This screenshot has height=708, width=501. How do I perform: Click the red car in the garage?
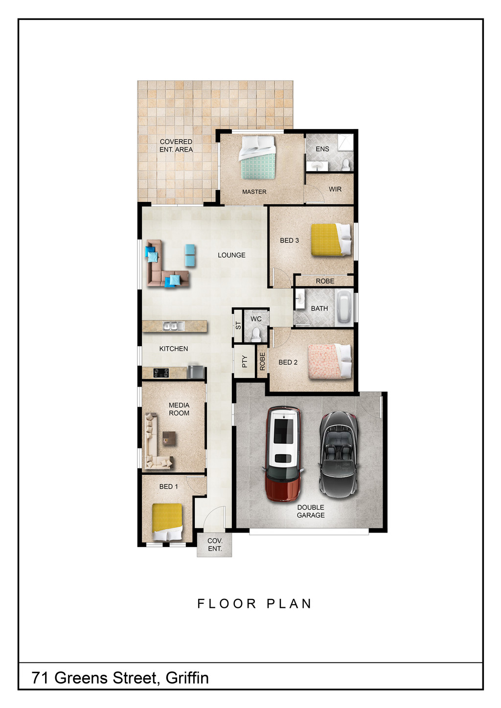283,454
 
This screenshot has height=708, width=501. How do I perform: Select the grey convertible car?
339,455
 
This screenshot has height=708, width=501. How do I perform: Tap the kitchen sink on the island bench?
173,326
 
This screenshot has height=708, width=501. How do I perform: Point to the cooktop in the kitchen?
161,373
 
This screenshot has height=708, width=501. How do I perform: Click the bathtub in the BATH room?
344,309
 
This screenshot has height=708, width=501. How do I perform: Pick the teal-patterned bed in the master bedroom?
257,158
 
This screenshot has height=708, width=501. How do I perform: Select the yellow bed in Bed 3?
331,239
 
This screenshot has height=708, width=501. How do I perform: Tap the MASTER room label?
254,192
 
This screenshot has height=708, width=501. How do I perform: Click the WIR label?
335,189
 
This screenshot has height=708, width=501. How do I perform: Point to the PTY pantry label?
245,361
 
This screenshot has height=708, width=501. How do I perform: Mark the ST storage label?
238,325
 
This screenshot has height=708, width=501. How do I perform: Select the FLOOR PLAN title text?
254,603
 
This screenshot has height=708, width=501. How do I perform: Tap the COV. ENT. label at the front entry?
215,545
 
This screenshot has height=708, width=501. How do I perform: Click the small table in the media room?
169,439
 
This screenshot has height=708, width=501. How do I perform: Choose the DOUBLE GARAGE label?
311,511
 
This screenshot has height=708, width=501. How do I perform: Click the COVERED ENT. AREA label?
176,145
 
